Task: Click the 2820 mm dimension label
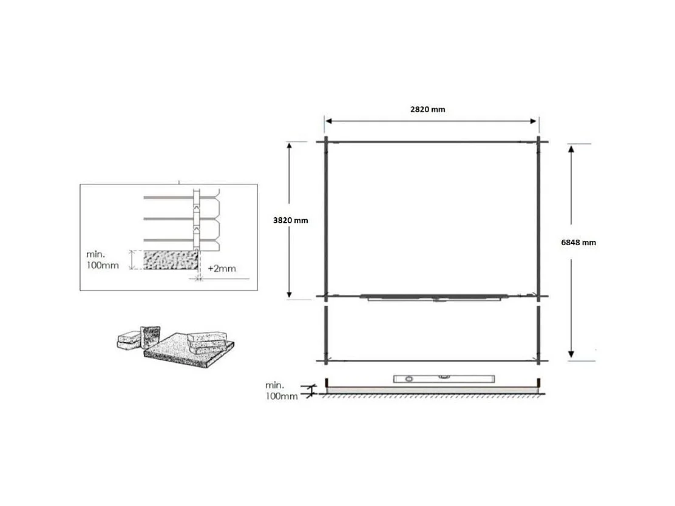427,110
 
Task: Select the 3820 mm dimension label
290,220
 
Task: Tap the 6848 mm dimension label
578,242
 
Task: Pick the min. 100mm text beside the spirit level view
281,391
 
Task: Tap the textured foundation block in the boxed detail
171,260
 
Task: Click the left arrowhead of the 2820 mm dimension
328,121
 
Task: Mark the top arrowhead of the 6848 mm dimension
571,149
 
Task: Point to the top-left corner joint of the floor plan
326,143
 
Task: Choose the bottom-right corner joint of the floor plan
538,361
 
